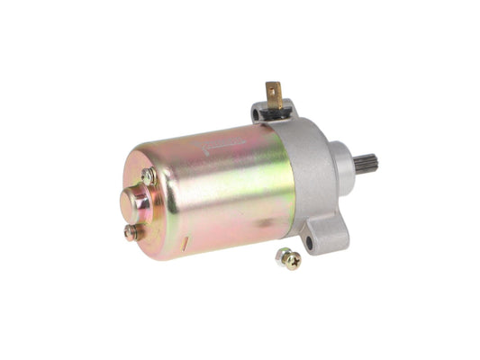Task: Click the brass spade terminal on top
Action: tap(274, 93)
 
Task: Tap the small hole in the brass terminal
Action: tap(274, 89)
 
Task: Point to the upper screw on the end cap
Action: tap(148, 177)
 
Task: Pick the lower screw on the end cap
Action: tap(132, 231)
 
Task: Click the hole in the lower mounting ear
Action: tap(308, 240)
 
